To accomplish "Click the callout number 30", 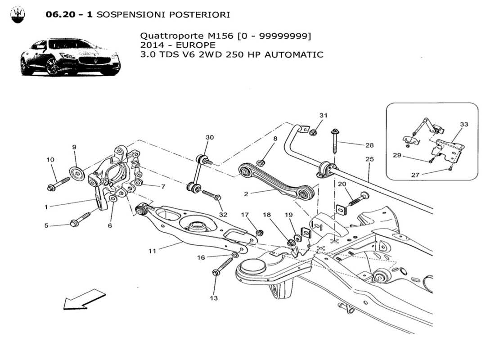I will tap(210, 137).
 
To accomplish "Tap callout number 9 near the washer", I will tap(74, 147).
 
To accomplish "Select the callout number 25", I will tap(369, 159).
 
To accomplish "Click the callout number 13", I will tap(213, 298).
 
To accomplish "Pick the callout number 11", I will tap(153, 251).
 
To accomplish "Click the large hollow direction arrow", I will tap(84, 300).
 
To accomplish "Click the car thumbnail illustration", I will tap(70, 57).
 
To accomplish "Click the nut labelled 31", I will tap(314, 133).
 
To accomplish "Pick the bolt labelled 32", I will tap(211, 195).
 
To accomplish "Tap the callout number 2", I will tap(246, 194).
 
